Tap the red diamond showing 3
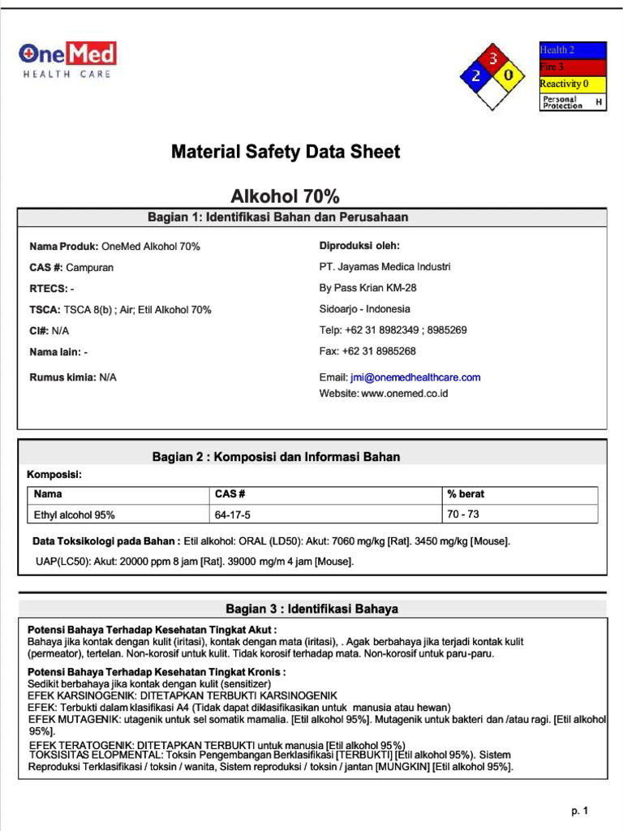coord(491,58)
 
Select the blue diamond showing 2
coord(475,75)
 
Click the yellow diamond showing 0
coord(508,75)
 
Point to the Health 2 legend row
coord(573,50)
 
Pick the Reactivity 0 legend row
coord(573,84)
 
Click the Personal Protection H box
coord(573,102)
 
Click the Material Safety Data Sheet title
coord(285,152)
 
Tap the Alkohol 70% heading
coord(285,196)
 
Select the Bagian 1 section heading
coord(278,217)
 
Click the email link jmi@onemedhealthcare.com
coord(415,377)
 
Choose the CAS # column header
coord(230,494)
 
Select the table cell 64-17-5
coord(233,515)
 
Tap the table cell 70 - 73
coord(463,514)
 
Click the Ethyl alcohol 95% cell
coord(74,515)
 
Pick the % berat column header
coord(466,494)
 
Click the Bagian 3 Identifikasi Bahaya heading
coord(311,609)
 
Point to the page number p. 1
coord(579,811)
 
